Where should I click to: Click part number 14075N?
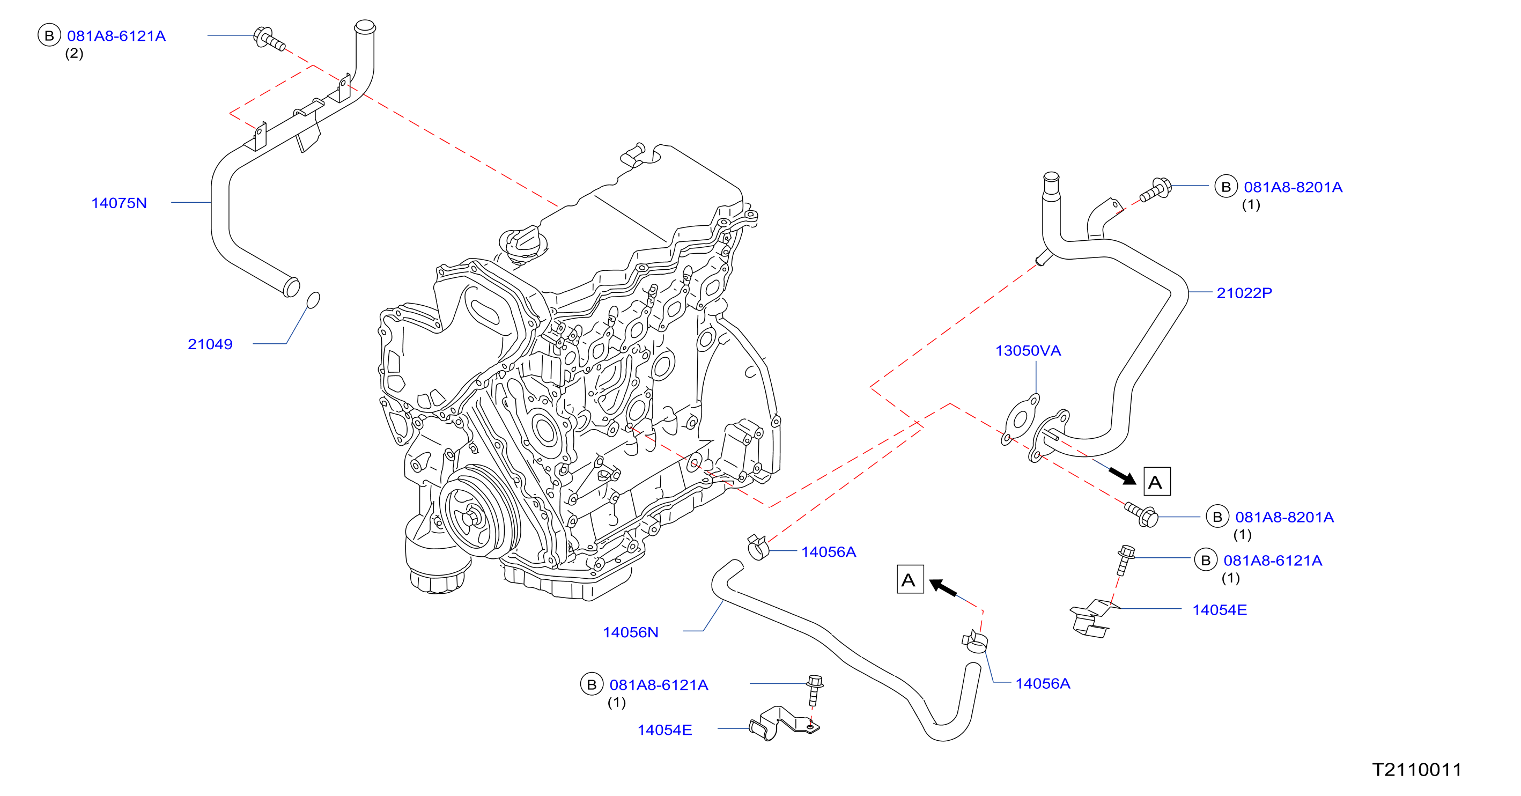tap(119, 203)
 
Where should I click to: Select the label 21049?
tap(210, 344)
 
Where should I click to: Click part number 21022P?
tap(1244, 293)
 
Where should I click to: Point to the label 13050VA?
tap(1028, 351)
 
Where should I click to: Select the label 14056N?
tap(630, 632)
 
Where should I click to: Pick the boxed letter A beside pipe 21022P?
tap(1157, 482)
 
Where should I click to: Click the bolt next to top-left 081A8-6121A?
tap(269, 39)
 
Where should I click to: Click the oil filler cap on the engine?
tap(522, 242)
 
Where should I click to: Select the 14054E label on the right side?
tap(1219, 610)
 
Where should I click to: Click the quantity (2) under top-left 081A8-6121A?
tap(74, 54)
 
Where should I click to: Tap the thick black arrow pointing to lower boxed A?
tap(943, 588)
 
